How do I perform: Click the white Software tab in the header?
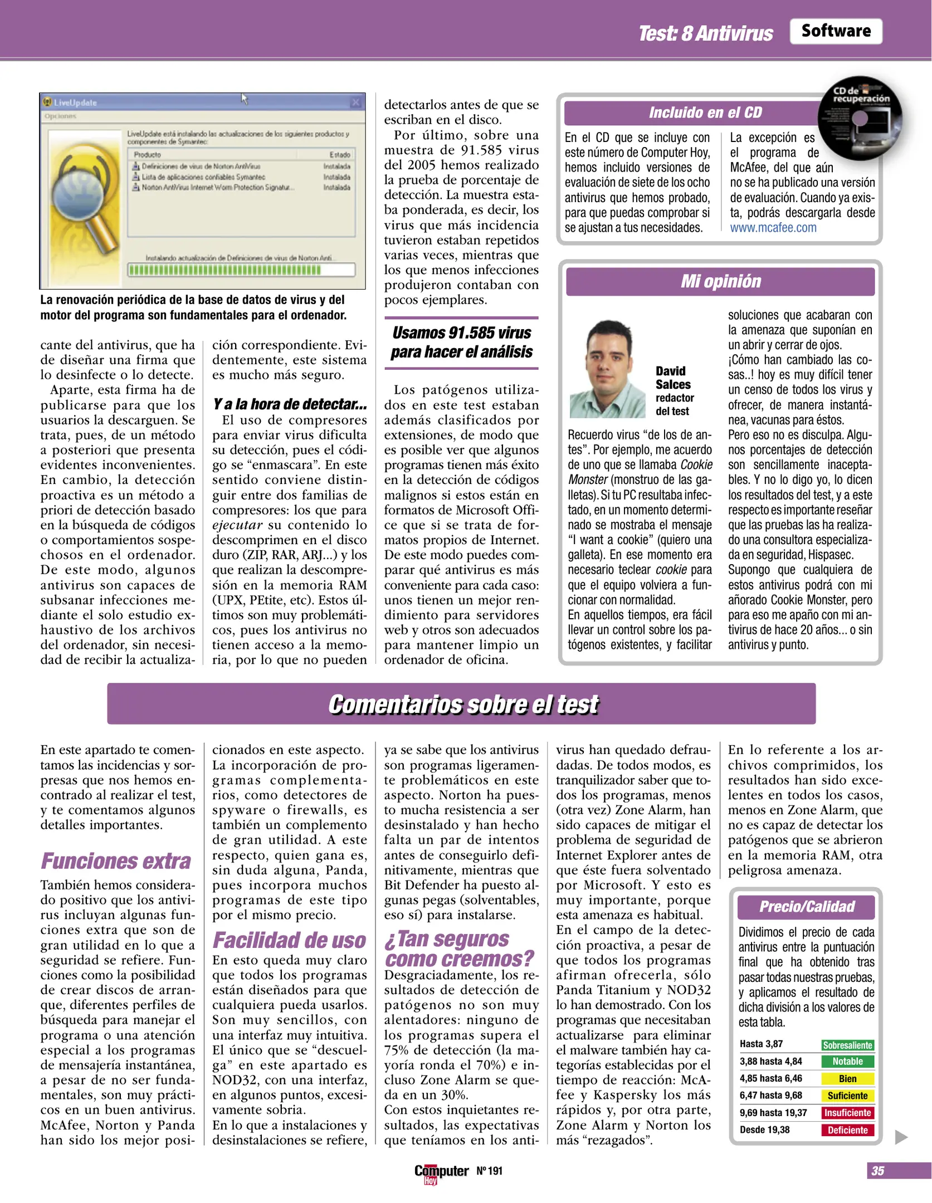(835, 31)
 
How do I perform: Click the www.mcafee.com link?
(773, 228)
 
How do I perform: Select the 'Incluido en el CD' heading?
(705, 113)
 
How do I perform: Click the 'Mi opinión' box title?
(720, 281)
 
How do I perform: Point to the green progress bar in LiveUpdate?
(225, 270)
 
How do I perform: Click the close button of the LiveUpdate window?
(355, 102)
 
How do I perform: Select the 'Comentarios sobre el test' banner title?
(462, 704)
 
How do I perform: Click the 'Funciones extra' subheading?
(116, 861)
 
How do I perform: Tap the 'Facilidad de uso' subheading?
(289, 940)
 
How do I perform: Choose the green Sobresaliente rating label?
(847, 1045)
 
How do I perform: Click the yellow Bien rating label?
(847, 1079)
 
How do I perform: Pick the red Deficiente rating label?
(847, 1130)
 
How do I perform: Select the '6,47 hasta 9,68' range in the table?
(770, 1096)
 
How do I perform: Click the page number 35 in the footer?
(877, 1171)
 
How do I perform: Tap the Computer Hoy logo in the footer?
(441, 1172)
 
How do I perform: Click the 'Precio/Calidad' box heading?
(806, 907)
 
